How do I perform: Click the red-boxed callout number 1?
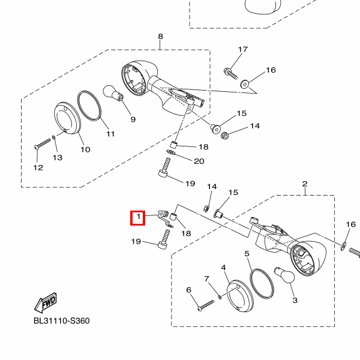coord(139,217)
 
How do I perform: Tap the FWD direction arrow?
coord(46,302)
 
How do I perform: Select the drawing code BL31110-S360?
coord(62,321)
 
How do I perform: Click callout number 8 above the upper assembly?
coord(160,37)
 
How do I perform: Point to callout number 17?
coord(243,49)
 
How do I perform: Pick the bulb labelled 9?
coord(113,94)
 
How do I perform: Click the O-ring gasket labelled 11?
coord(89,106)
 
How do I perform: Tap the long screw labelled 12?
coord(43,143)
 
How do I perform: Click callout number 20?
coord(199,161)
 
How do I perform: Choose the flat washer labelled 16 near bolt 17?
coord(245,84)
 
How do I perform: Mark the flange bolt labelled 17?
coord(230,73)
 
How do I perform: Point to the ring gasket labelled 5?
coord(262,284)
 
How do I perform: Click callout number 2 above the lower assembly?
coord(305,184)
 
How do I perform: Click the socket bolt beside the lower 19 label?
coord(164,239)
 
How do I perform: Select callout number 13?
coord(58,158)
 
